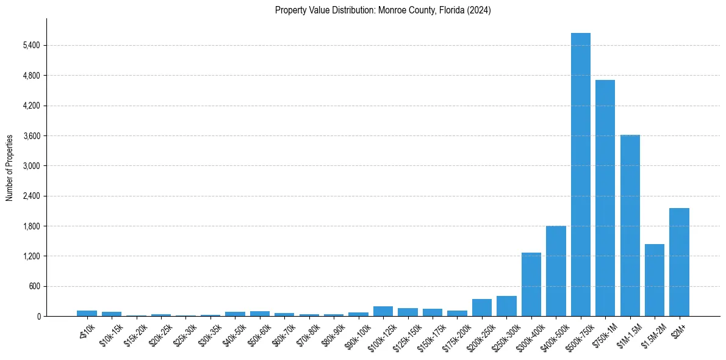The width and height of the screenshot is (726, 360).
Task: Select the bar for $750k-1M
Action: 605,198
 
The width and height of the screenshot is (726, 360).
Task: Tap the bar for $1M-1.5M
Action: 630,226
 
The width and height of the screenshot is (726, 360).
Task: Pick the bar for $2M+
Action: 679,262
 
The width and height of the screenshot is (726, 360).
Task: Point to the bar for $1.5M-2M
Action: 655,280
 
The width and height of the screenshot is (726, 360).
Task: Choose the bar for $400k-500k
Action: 556,271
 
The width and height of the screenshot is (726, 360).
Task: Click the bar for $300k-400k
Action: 531,284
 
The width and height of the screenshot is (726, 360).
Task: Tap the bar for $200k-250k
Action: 482,308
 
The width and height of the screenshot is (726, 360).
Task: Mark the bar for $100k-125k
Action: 383,311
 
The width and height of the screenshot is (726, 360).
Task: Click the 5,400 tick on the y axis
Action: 31,45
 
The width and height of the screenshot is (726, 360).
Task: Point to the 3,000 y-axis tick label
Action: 31,166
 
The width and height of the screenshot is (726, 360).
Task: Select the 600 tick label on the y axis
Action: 34,286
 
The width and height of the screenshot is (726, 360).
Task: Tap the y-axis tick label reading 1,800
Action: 31,226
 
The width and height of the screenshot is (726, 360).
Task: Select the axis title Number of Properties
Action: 9,168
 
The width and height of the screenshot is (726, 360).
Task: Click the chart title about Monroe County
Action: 383,10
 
